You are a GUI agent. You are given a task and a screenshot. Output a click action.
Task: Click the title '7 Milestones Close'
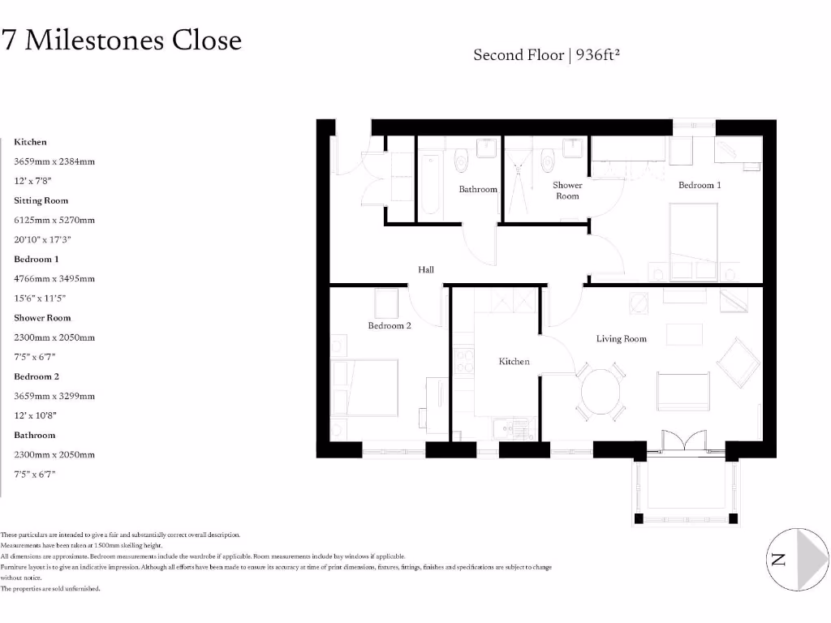[x=122, y=40]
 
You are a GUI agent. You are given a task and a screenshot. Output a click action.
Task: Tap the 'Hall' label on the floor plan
[x=426, y=270]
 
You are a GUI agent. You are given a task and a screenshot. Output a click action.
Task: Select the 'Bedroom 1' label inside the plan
[x=700, y=185]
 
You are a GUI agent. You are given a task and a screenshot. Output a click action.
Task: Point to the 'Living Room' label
[x=622, y=338]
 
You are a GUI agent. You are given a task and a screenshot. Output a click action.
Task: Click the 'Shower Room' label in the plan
[x=567, y=191]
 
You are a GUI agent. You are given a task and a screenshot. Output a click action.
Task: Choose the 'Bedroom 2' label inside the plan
[x=390, y=325]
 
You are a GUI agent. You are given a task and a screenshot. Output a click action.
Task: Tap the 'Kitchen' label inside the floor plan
[x=514, y=361]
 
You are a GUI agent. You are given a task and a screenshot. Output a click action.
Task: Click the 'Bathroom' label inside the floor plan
[x=478, y=189]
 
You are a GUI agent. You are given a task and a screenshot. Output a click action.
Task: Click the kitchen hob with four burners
[x=465, y=360]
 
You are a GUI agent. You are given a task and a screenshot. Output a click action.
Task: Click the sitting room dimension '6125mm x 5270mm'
[x=54, y=220]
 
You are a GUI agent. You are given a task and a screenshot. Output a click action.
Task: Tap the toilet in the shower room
[x=548, y=157]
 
